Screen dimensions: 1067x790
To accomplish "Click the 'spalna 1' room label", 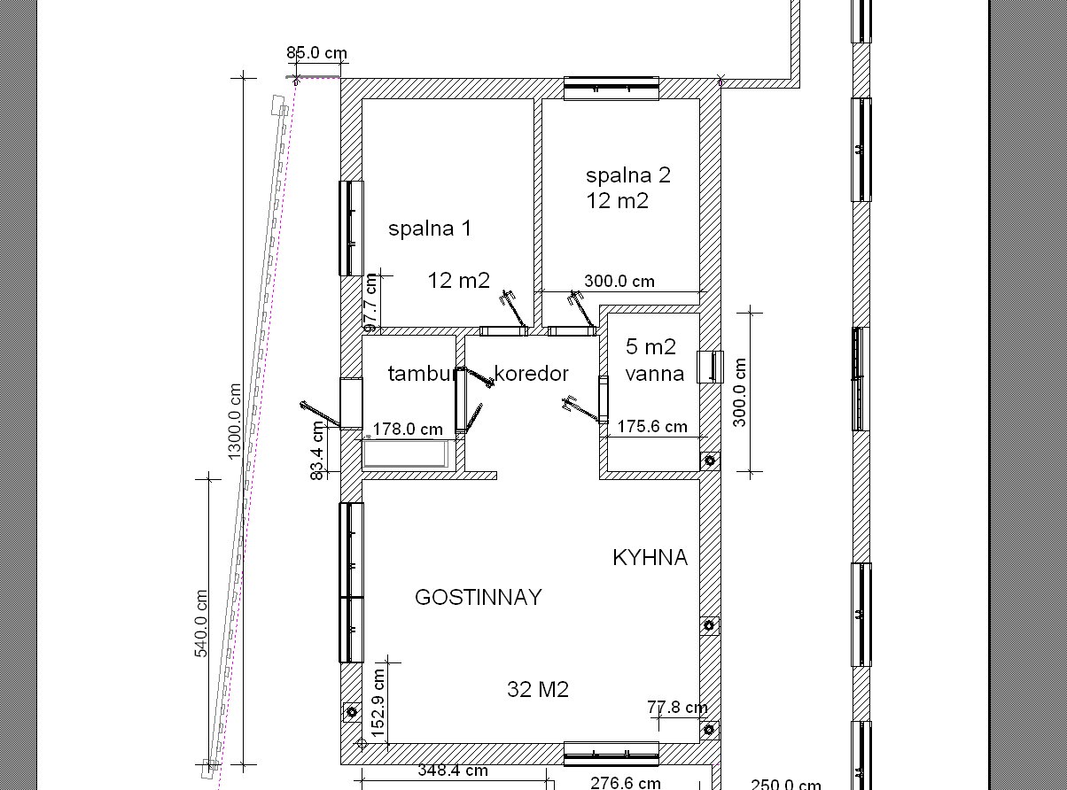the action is click(x=430, y=228).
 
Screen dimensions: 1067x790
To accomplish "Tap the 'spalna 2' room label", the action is click(x=627, y=175).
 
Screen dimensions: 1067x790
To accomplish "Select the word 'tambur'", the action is click(x=422, y=374).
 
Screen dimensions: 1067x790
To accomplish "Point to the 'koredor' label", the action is click(x=531, y=374).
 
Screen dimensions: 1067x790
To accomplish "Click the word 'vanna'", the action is click(x=654, y=374).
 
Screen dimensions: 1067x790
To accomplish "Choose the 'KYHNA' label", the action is click(x=650, y=558).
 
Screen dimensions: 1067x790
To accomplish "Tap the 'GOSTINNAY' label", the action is click(x=479, y=597).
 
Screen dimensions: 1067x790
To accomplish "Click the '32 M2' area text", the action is click(x=538, y=690).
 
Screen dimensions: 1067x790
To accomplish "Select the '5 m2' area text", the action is click(x=650, y=346).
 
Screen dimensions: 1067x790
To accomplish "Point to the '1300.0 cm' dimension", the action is click(x=234, y=422).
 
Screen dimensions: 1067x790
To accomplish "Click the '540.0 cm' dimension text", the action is click(x=200, y=623).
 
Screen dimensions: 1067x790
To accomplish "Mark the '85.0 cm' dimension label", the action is click(x=316, y=52).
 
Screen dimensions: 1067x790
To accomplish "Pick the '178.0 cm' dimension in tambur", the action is click(x=408, y=429).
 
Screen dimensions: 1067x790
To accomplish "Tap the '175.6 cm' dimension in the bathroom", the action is click(x=652, y=427).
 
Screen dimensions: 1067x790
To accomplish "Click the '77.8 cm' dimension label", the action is click(x=677, y=707).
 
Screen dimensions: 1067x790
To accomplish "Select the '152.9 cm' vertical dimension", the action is click(x=378, y=702).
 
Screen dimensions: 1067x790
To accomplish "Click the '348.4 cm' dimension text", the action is click(x=453, y=771).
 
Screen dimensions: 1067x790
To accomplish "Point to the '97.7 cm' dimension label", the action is click(x=371, y=303).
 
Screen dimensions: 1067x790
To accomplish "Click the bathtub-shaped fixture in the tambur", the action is click(x=406, y=453).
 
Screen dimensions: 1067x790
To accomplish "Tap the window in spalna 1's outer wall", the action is click(x=351, y=228).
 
